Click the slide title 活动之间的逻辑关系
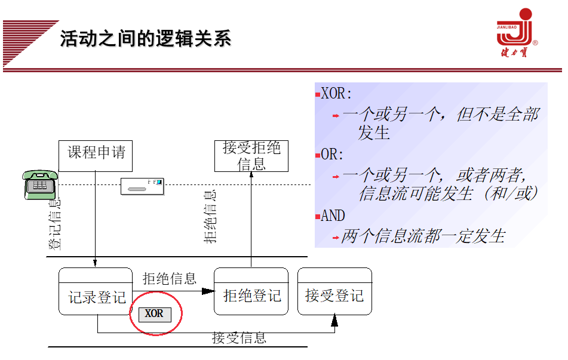(145, 39)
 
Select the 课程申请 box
(96, 154)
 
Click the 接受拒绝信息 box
(251, 156)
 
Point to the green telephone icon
(40, 184)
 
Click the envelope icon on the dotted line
(142, 186)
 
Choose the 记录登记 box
(96, 292)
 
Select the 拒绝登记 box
(251, 292)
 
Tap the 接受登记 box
(334, 292)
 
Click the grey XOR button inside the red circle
(155, 313)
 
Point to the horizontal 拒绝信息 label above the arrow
(170, 279)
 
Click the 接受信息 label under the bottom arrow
(239, 338)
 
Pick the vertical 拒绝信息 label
(210, 217)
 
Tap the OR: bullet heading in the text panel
(332, 154)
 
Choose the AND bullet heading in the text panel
(333, 216)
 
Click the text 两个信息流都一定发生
(423, 236)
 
